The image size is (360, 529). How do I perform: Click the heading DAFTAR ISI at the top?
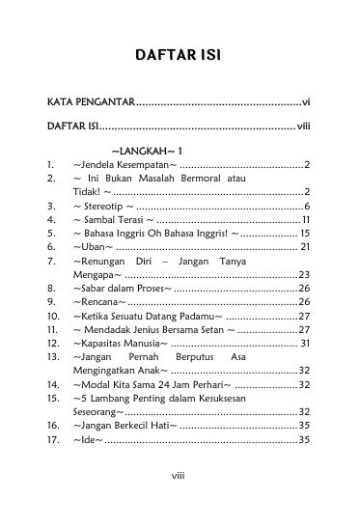point(180,56)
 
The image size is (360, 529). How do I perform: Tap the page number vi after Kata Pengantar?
point(304,101)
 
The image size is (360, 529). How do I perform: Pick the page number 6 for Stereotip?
point(306,206)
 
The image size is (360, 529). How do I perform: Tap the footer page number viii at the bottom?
point(180,501)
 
